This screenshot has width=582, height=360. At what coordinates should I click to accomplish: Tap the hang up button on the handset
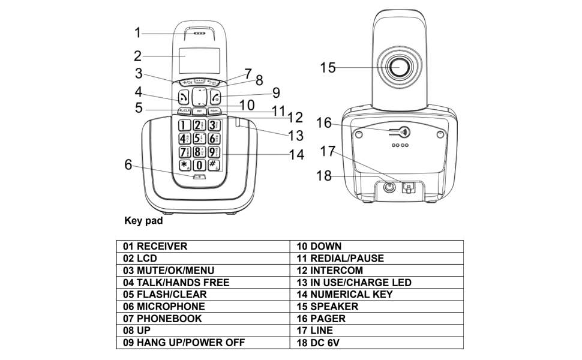pyautogui.click(x=217, y=97)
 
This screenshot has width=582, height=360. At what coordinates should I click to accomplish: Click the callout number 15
pyautogui.click(x=328, y=67)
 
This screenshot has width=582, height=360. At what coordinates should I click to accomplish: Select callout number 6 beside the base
pyautogui.click(x=128, y=164)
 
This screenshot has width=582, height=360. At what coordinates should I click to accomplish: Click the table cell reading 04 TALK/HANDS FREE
pyautogui.click(x=203, y=283)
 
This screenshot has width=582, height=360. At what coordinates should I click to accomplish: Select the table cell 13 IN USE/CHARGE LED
pyautogui.click(x=377, y=283)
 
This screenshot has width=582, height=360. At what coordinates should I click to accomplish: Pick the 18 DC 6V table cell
pyautogui.click(x=377, y=343)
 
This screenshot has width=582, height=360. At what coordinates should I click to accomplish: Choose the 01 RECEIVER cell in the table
pyautogui.click(x=203, y=247)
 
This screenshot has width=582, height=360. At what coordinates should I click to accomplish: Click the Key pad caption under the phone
pyautogui.click(x=143, y=220)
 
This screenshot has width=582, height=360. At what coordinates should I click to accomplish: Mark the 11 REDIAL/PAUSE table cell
pyautogui.click(x=377, y=259)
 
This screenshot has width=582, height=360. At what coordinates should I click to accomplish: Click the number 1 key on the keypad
pyautogui.click(x=184, y=125)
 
